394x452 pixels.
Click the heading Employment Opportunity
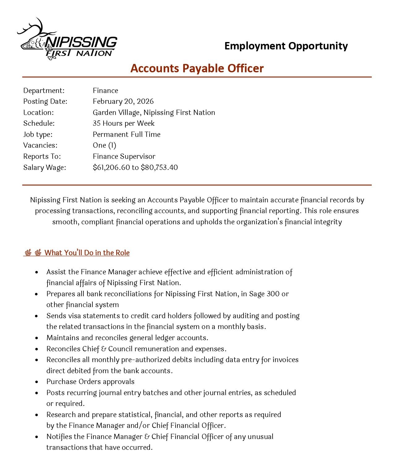click(286, 46)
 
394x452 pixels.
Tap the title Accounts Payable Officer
click(197, 68)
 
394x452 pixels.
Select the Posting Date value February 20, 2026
click(123, 101)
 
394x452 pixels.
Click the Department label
click(44, 91)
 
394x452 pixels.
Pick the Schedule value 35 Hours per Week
click(123, 123)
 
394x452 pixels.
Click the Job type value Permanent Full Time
click(126, 134)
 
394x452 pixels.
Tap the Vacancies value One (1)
click(104, 145)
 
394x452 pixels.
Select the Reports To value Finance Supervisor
click(124, 156)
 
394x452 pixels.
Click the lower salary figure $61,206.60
click(111, 167)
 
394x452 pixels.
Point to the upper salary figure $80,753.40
click(159, 167)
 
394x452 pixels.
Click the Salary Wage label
click(44, 167)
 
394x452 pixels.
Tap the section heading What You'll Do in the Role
click(87, 253)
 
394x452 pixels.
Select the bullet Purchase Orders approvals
click(90, 382)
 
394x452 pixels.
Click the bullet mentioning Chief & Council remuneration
click(136, 349)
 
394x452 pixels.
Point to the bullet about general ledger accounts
click(127, 338)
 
